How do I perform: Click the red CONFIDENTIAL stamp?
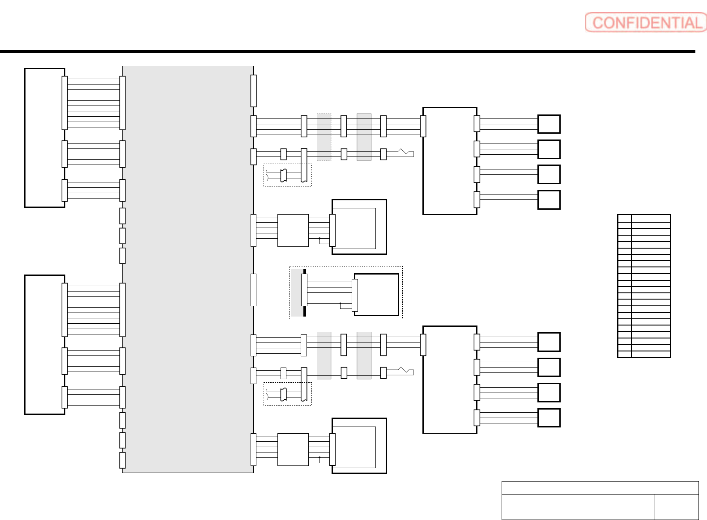click(645, 22)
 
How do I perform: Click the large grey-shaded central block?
click(188, 268)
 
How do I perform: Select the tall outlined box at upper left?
click(44, 138)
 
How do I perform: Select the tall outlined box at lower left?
click(44, 344)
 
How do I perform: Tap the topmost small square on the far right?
click(549, 124)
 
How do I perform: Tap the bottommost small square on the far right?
click(549, 418)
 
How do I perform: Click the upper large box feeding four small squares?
click(449, 161)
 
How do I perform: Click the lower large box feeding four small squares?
click(449, 379)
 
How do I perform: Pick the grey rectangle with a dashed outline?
click(324, 137)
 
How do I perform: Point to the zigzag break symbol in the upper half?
click(405, 152)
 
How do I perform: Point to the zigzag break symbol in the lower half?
click(405, 370)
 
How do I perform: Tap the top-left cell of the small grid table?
click(624, 218)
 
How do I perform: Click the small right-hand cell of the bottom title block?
click(676, 507)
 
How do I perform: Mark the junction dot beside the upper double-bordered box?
click(319, 239)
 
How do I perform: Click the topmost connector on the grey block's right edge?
click(253, 91)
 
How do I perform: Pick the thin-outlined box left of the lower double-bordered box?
click(293, 449)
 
